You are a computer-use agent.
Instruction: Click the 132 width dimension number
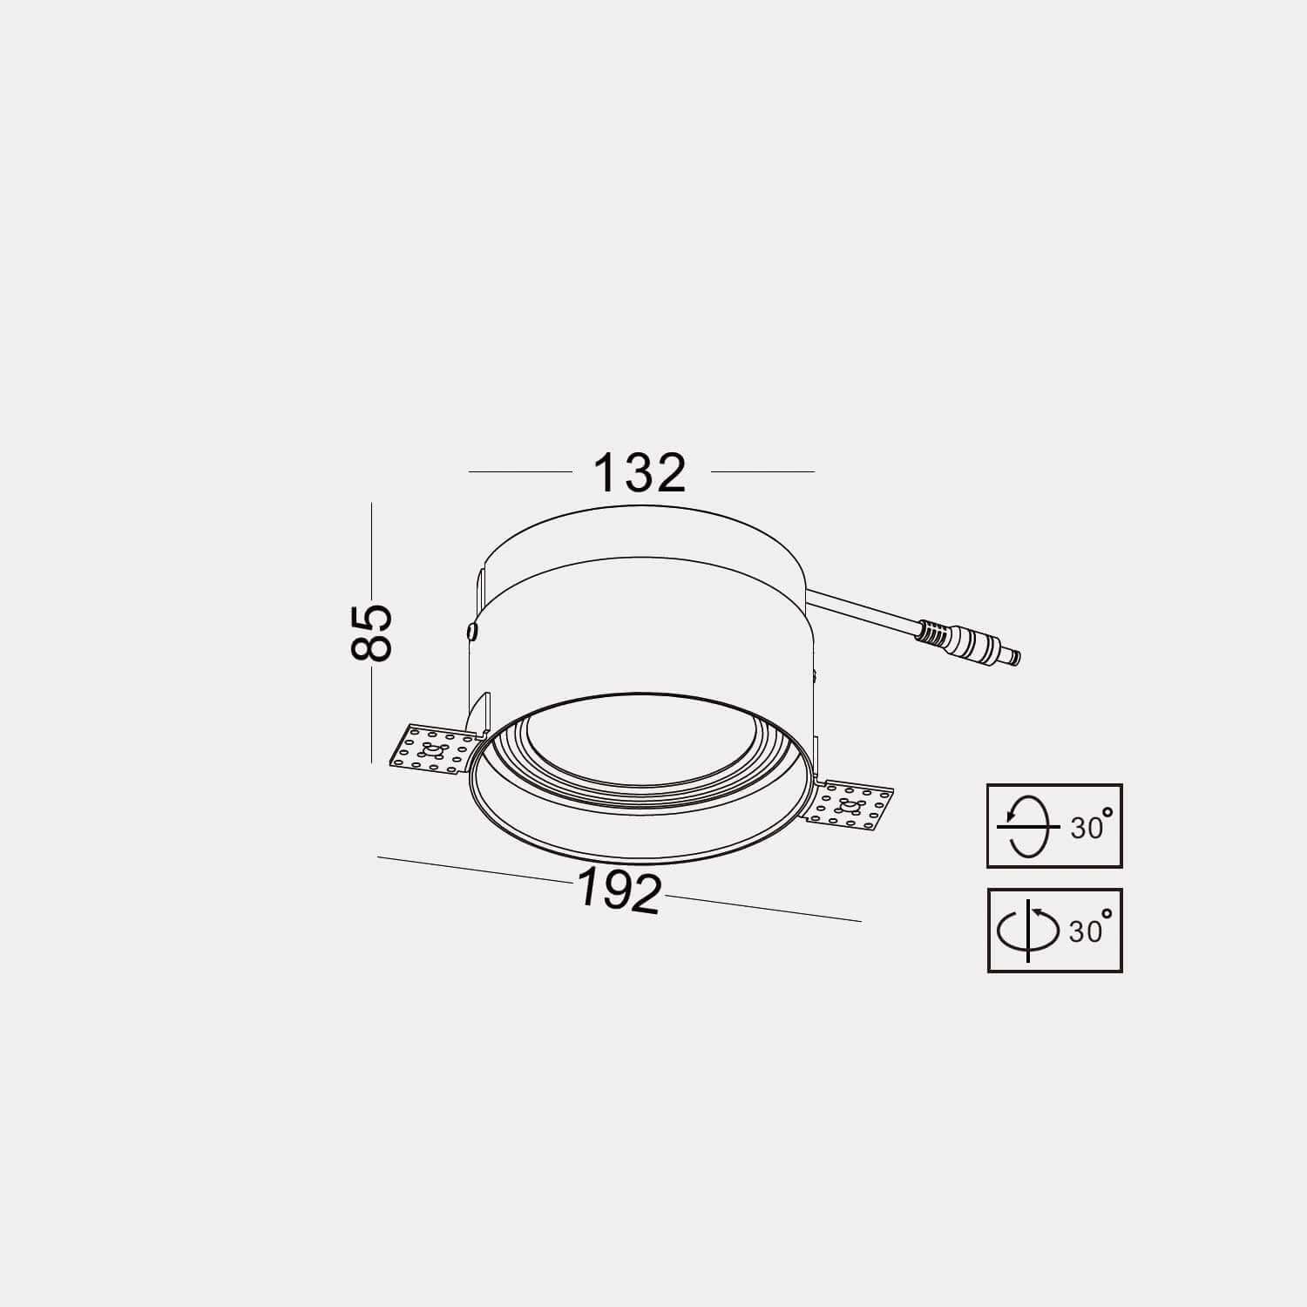point(640,473)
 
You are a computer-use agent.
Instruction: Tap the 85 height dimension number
point(372,632)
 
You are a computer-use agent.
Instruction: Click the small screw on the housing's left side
point(471,629)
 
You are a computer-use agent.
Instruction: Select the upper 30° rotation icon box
point(1054,825)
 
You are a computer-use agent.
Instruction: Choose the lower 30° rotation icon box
point(1054,930)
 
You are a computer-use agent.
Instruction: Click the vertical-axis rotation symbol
point(1028,930)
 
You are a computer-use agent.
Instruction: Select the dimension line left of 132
point(520,471)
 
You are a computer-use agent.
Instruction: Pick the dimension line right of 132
point(762,471)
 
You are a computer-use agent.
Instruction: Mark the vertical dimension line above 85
point(371,549)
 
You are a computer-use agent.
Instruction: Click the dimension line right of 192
point(762,908)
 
